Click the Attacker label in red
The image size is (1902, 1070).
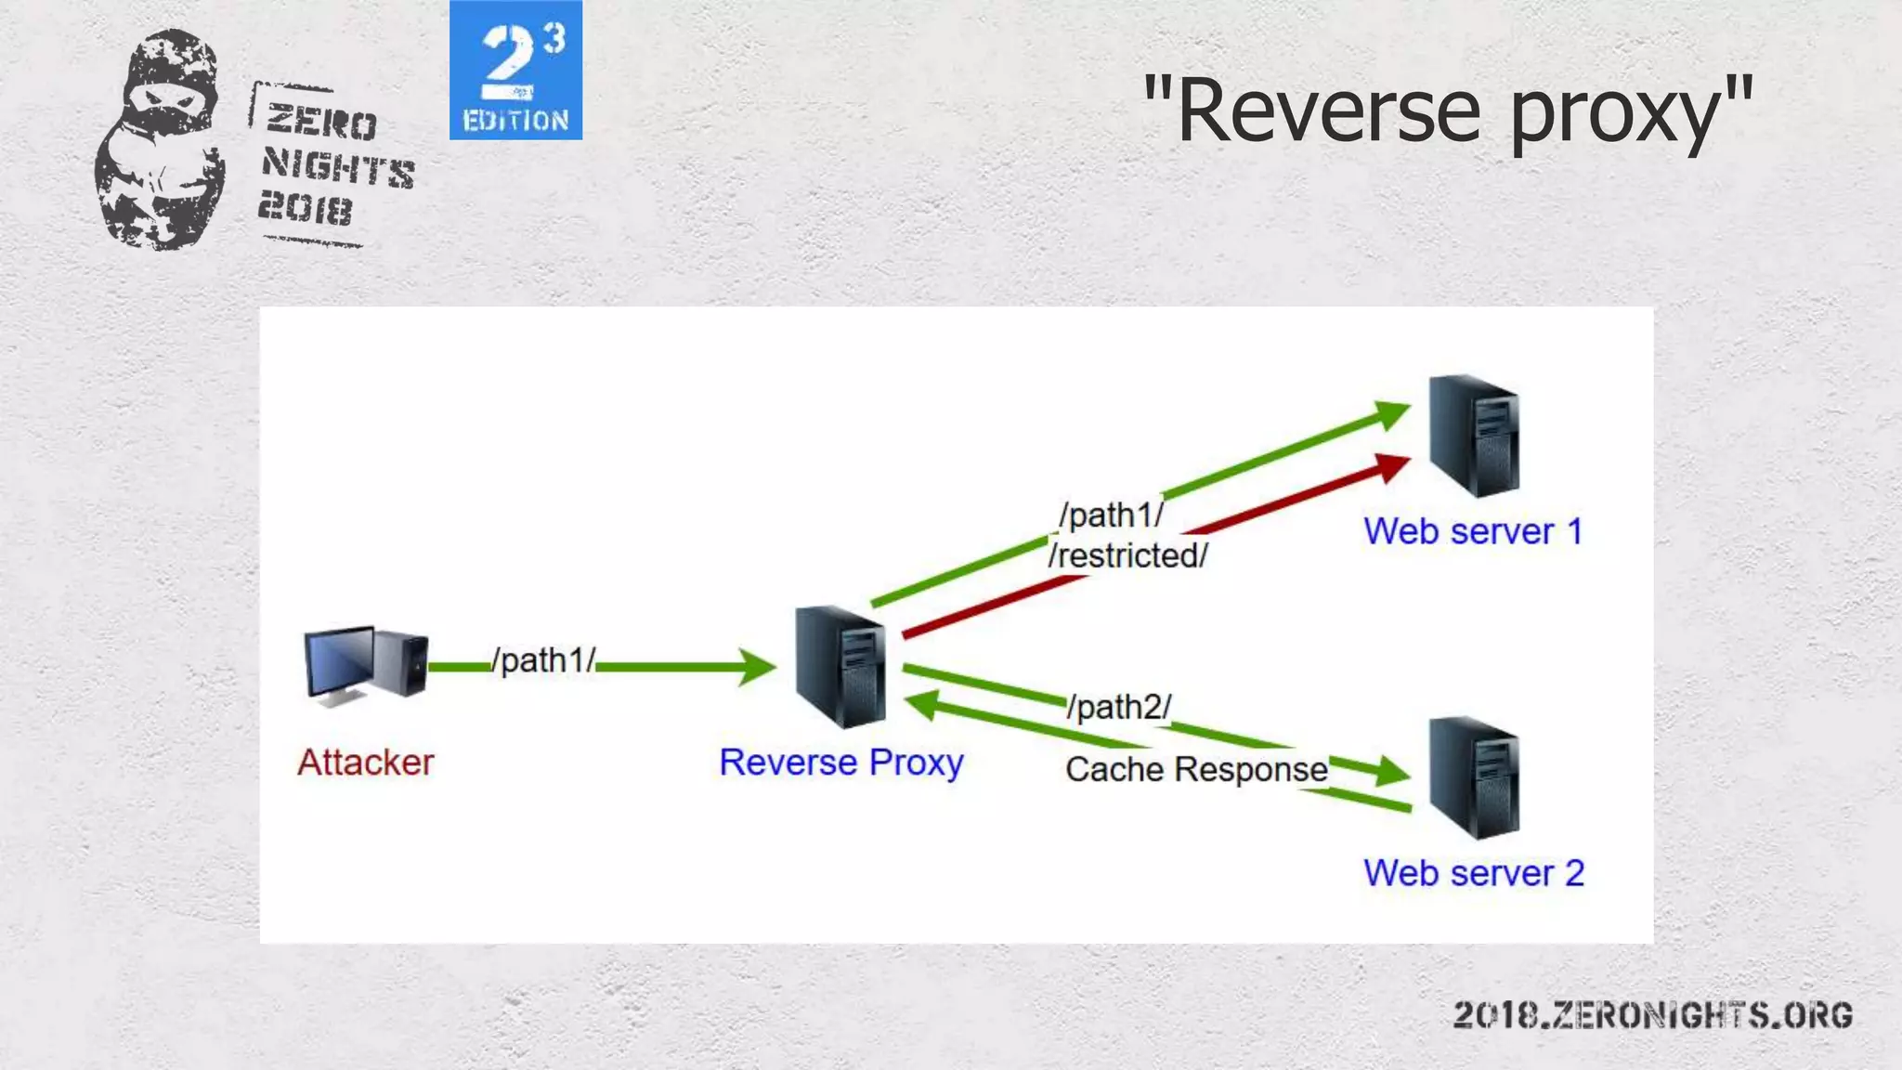pos(365,763)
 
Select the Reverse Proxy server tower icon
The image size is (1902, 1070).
pos(840,666)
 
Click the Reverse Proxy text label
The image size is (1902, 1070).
pos(841,763)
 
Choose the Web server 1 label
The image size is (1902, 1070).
pos(1473,531)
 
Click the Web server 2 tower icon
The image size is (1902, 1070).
pos(1474,776)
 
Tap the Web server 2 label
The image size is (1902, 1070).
pos(1474,873)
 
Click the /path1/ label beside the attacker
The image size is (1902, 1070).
pos(544,660)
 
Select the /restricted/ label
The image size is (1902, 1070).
pos(1128,555)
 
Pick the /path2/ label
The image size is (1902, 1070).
pos(1119,707)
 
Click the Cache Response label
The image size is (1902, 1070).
pos(1196,769)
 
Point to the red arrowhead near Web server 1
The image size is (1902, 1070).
pos(1392,466)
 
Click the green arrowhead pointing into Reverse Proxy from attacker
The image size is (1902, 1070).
pos(757,666)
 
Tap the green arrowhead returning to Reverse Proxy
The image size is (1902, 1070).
pos(923,705)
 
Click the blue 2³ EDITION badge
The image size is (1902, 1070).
pos(515,71)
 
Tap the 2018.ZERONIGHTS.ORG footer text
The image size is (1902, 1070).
pos(1652,1015)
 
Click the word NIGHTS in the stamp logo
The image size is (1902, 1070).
pos(338,167)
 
